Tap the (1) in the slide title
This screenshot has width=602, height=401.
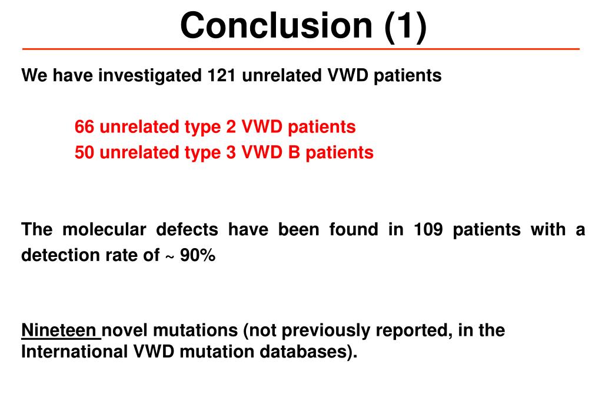pos(405,25)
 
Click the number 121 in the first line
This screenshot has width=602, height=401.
pos(221,76)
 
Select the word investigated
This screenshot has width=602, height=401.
pos(150,76)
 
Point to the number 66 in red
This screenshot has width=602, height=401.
pos(84,126)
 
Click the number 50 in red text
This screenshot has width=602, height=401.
pos(84,153)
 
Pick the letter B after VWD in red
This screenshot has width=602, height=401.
pos(293,153)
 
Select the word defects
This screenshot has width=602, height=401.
pos(188,229)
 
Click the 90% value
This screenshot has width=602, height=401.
pos(198,255)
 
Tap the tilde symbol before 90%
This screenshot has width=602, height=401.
pos(169,256)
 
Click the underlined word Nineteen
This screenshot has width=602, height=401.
pos(59,330)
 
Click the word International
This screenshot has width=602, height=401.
pos(75,352)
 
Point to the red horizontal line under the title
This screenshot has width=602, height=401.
pos(301,49)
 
